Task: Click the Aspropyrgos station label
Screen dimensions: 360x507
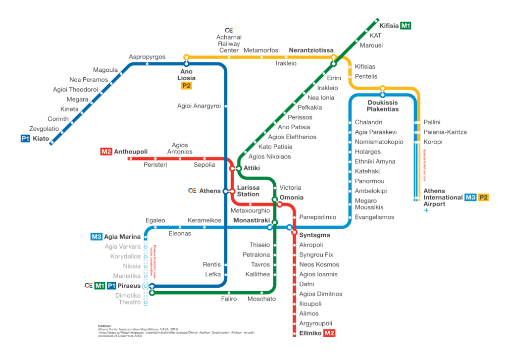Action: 147,56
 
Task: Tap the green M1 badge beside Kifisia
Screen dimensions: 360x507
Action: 406,26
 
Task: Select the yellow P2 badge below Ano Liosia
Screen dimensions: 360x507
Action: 187,86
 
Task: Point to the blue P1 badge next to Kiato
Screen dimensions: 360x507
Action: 25,139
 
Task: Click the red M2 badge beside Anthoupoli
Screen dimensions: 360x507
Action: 106,152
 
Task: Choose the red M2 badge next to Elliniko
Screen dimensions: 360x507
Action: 329,333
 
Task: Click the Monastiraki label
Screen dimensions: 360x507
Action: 251,219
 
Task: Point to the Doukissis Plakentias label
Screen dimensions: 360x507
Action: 383,105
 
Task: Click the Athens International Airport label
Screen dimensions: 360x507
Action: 441,197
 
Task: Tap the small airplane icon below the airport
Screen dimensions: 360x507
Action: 425,211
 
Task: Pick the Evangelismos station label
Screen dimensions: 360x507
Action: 374,217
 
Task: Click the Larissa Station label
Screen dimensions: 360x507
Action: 248,191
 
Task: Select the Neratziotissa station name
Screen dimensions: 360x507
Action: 311,51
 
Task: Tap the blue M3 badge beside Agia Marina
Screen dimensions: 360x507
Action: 96,237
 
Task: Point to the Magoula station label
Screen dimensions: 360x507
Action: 105,70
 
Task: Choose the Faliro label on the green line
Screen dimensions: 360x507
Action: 229,299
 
